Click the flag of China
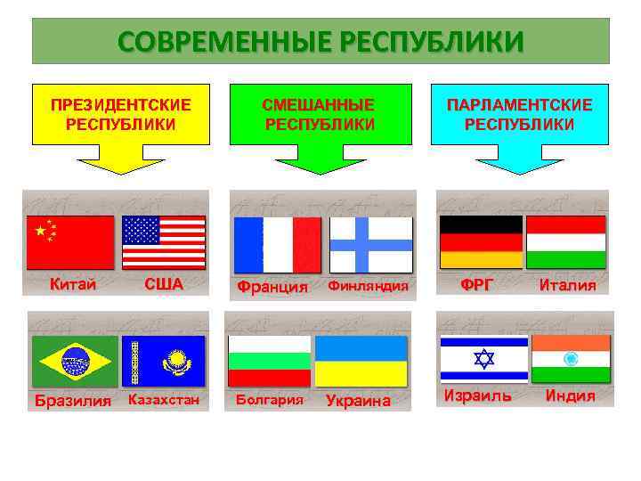click(70, 242)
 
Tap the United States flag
click(163, 242)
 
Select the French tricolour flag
click(276, 245)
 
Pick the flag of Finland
click(370, 245)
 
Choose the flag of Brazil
click(73, 361)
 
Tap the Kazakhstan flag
click(163, 361)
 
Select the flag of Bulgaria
click(269, 361)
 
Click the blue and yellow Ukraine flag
click(361, 361)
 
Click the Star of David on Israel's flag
click(483, 359)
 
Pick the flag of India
click(571, 359)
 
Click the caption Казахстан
click(164, 400)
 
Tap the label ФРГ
click(475, 285)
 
